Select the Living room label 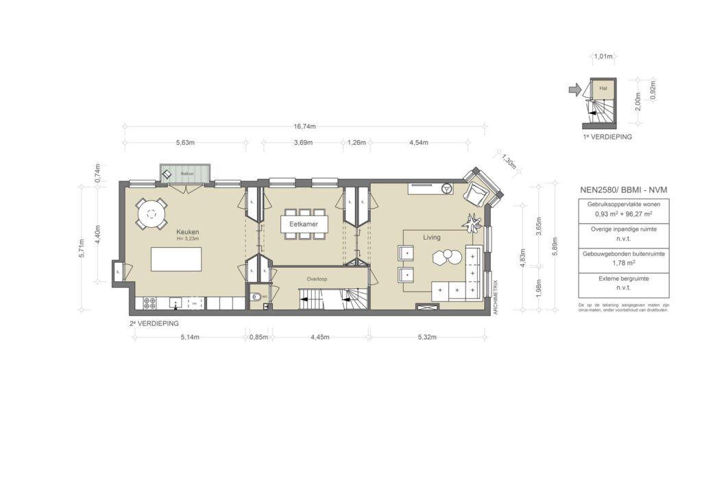[431, 238]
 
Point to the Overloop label [317, 279]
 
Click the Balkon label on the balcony [187, 174]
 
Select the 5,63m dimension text [185, 143]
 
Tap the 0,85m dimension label [258, 337]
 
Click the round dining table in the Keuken [150, 213]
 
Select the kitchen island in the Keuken [176, 261]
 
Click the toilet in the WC [256, 298]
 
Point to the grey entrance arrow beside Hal [574, 89]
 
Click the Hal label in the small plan [603, 89]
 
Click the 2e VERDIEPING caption [154, 322]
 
